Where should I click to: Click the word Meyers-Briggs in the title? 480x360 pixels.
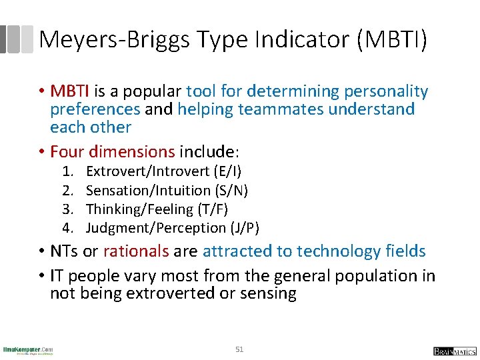[114, 40]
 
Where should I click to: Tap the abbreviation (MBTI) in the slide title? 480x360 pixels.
[392, 40]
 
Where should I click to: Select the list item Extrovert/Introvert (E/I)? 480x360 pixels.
[164, 172]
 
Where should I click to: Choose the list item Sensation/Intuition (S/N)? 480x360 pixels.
[167, 191]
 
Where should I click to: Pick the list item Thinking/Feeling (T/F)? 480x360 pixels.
[157, 209]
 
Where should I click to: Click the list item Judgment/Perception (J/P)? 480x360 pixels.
[173, 228]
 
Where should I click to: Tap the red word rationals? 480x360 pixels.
[136, 251]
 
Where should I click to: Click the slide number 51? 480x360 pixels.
[240, 349]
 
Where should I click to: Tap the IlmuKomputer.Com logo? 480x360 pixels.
[28, 349]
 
